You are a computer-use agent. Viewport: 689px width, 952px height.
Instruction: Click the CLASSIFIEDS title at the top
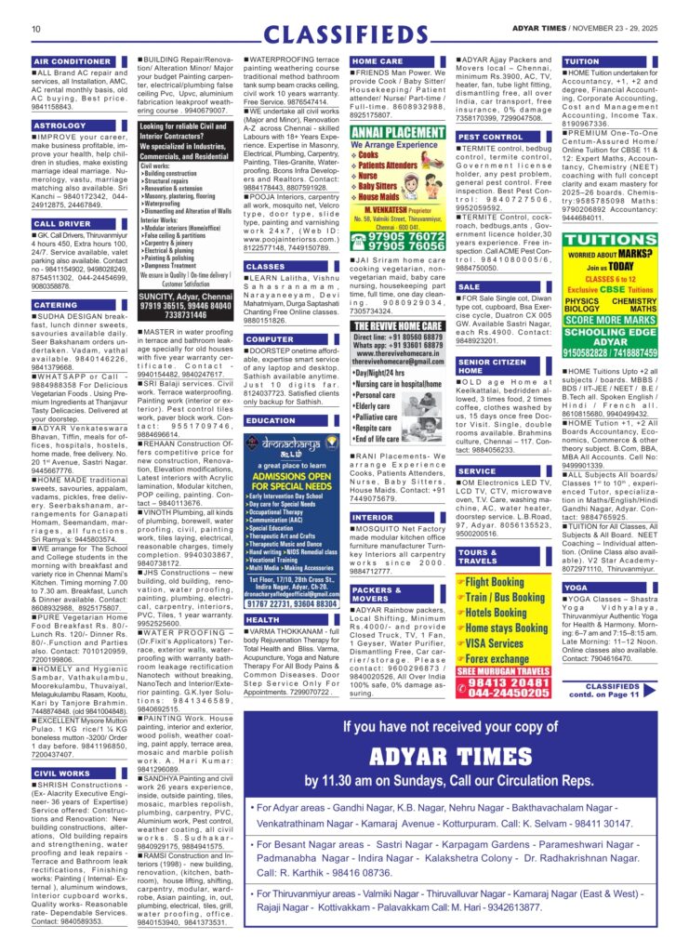(343, 34)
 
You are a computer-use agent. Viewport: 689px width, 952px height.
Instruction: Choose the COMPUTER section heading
(270, 339)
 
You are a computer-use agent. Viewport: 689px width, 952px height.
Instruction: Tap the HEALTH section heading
(262, 619)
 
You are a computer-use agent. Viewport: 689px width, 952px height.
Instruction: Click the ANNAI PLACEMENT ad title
(398, 132)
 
